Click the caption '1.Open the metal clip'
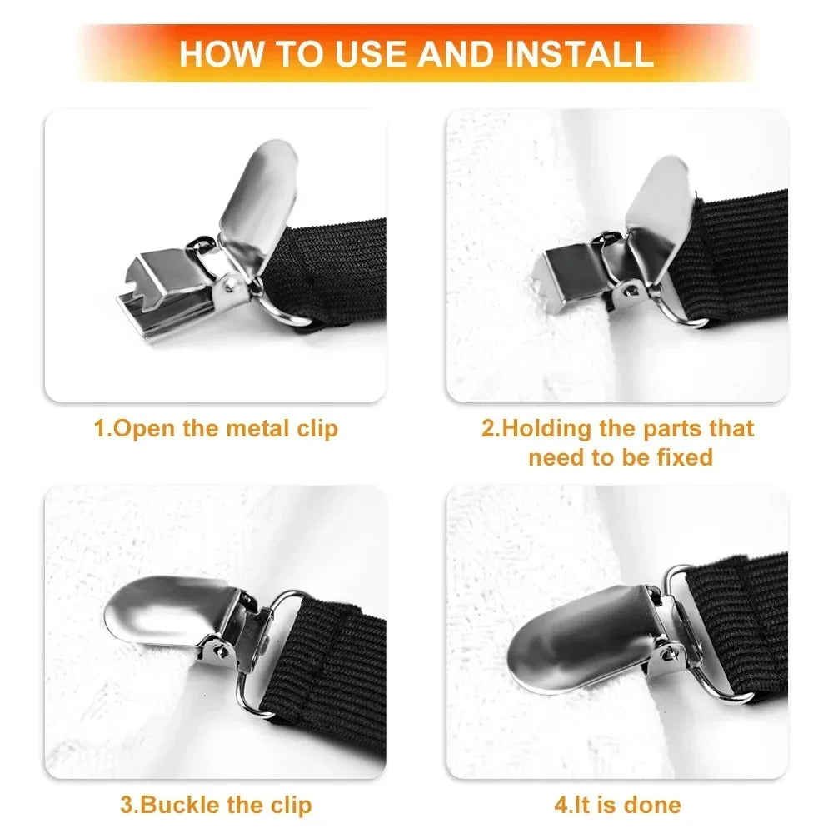click(x=215, y=429)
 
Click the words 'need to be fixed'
click(x=620, y=457)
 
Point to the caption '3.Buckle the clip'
click(x=215, y=805)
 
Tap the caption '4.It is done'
click(x=617, y=805)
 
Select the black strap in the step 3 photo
click(x=333, y=666)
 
